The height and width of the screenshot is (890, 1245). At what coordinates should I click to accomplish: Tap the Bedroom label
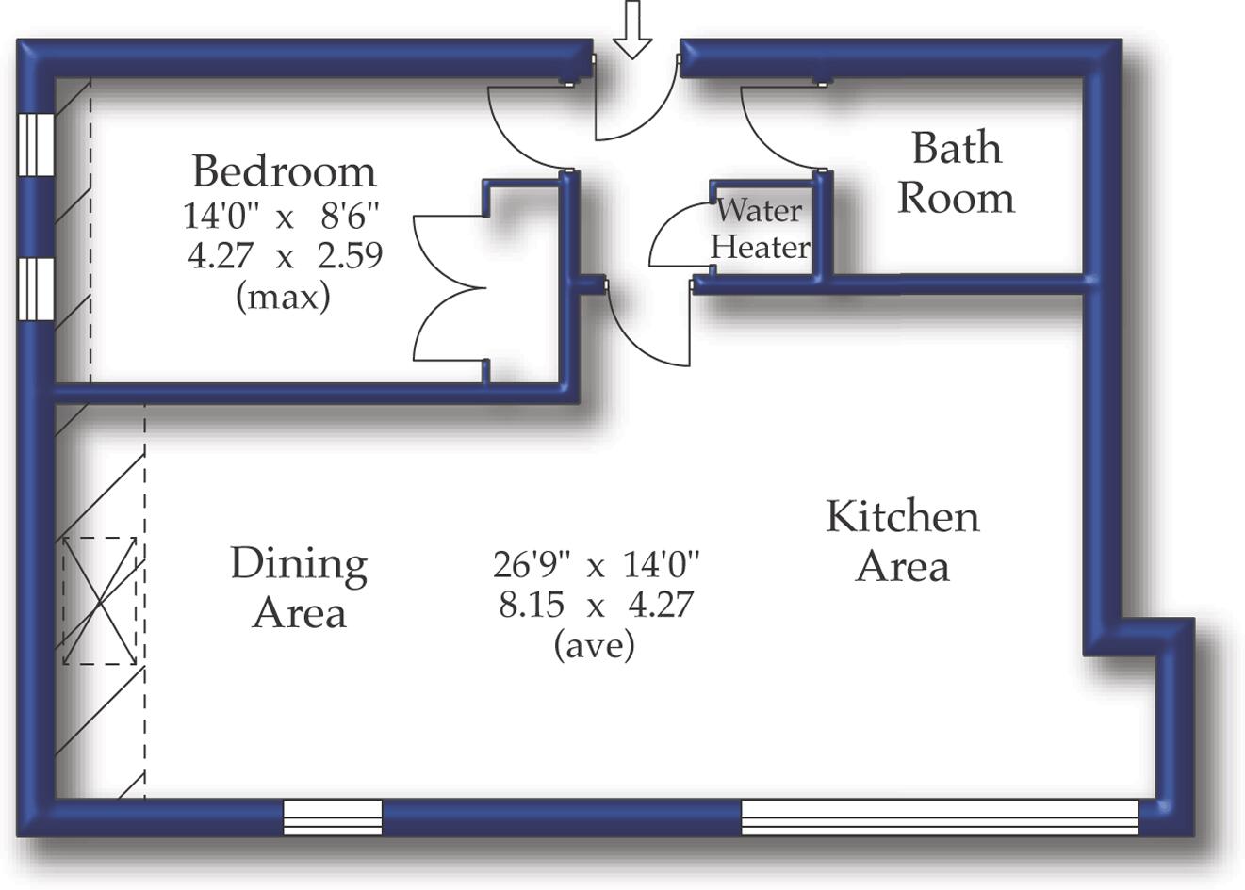pyautogui.click(x=284, y=171)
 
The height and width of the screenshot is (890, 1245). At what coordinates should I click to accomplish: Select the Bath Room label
pyautogui.click(x=956, y=173)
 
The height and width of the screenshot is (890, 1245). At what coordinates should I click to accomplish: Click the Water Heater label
pyautogui.click(x=760, y=229)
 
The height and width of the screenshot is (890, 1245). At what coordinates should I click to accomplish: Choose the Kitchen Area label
pyautogui.click(x=903, y=542)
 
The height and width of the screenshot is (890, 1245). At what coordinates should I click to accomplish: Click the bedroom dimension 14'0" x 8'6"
pyautogui.click(x=281, y=216)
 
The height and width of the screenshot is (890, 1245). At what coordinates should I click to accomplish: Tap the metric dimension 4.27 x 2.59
pyautogui.click(x=285, y=256)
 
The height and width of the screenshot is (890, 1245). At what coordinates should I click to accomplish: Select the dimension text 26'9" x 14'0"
pyautogui.click(x=596, y=565)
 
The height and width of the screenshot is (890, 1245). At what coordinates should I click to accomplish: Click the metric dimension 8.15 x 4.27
pyautogui.click(x=596, y=605)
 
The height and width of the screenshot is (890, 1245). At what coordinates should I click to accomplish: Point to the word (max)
pyautogui.click(x=283, y=297)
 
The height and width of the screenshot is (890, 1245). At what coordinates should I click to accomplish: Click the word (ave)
pyautogui.click(x=595, y=645)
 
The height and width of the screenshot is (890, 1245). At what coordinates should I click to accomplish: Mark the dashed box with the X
pyautogui.click(x=100, y=601)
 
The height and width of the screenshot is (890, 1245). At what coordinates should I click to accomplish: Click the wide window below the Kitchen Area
pyautogui.click(x=940, y=817)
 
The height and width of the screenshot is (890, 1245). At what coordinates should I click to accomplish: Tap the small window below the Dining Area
pyautogui.click(x=333, y=817)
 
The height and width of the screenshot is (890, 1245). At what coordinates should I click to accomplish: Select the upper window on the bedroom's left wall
pyautogui.click(x=35, y=144)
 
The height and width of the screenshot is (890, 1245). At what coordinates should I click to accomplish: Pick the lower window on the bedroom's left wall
pyautogui.click(x=35, y=290)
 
